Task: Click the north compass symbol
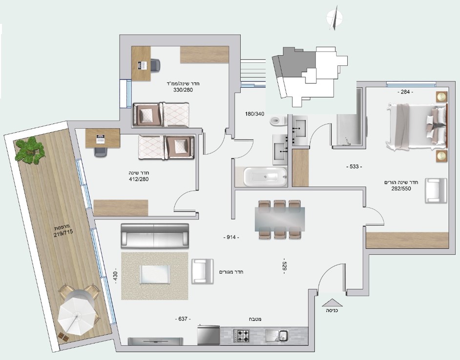coord(334,18)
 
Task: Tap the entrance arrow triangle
coord(332,302)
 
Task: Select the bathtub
coord(265,177)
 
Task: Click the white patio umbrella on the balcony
coord(78,314)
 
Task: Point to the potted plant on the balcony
coord(30,150)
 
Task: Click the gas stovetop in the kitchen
coord(241,336)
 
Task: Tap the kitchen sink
coord(277,336)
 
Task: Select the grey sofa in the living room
coord(155,236)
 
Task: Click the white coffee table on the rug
coord(155,275)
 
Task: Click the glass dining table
coord(280,220)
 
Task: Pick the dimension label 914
coord(231,237)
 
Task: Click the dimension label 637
coord(183,319)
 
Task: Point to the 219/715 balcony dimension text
coord(63,232)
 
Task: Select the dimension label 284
coord(405,92)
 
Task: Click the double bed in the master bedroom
coord(416,127)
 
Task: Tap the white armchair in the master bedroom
coord(436,191)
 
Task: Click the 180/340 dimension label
coord(255,114)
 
